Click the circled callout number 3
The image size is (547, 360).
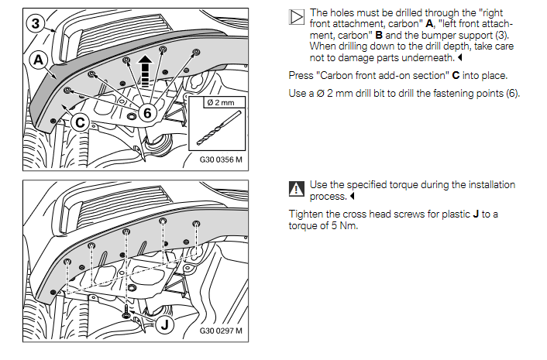(36, 23)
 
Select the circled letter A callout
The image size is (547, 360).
(39, 60)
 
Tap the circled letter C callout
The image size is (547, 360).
(81, 122)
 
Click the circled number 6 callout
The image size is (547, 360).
(147, 113)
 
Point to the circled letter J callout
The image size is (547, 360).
(164, 325)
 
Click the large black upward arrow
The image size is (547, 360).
(145, 71)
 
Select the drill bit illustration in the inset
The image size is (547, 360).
(218, 128)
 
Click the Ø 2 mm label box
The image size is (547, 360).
(225, 102)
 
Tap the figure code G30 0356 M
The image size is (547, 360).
(221, 159)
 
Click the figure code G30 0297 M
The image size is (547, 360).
(221, 331)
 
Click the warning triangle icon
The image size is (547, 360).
(297, 189)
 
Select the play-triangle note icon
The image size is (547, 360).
(297, 17)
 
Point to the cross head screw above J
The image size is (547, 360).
(126, 311)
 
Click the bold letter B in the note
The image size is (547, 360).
(379, 35)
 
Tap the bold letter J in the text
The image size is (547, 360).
(476, 214)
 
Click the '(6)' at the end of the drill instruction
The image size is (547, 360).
(513, 94)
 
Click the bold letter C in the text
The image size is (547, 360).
(456, 76)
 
